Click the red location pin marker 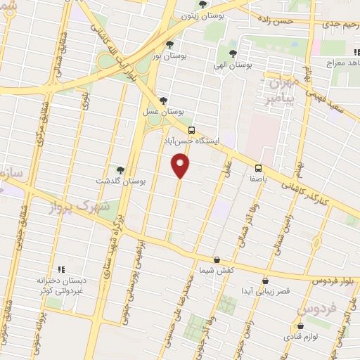click(181, 166)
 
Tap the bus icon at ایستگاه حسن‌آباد click(191, 130)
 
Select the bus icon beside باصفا click(258, 168)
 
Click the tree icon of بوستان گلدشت click(120, 170)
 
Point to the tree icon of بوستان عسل click(164, 101)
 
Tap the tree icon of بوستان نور click(169, 44)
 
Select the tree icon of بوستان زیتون click(202, 4)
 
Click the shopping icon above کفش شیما click(216, 259)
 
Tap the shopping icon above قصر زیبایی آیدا click(264, 280)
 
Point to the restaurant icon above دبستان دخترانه click(60, 269)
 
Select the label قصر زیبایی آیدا click(264, 291)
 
